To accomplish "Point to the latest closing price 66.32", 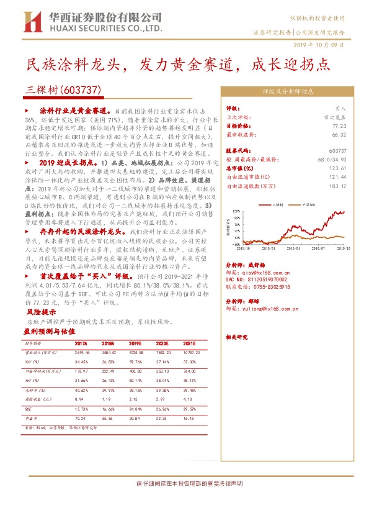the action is coord(338,134).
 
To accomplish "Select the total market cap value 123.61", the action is coord(338,168).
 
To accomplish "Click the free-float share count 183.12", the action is coord(338,185).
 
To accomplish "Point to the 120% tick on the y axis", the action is coord(236,211).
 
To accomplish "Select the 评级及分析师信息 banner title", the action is coord(286,90).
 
